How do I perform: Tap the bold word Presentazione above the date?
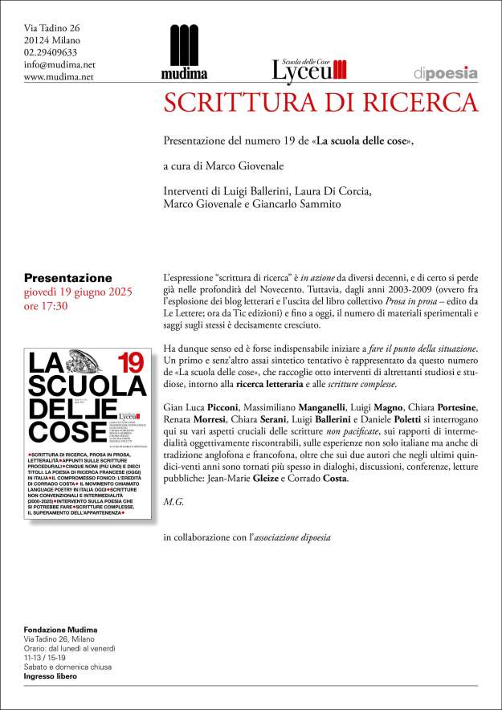point(68,278)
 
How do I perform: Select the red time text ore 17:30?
point(46,306)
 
